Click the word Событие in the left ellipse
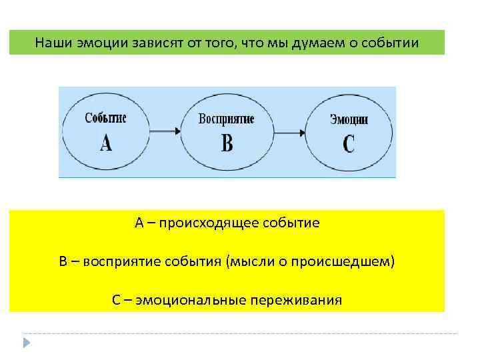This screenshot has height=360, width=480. tap(105, 118)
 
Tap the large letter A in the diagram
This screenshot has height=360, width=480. tap(106, 143)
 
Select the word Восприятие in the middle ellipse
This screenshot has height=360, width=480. tap(226, 119)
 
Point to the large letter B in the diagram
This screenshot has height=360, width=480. tap(227, 143)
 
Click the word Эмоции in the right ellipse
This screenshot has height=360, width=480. tap(349, 119)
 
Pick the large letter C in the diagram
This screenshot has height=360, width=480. tap(349, 144)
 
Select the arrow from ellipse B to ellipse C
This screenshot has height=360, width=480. tap(287, 132)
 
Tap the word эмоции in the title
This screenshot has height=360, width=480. tap(95, 44)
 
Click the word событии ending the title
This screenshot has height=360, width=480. tap(391, 44)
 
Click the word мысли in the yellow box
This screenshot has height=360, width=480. tap(248, 261)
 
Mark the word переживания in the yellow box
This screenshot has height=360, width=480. tap(295, 299)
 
